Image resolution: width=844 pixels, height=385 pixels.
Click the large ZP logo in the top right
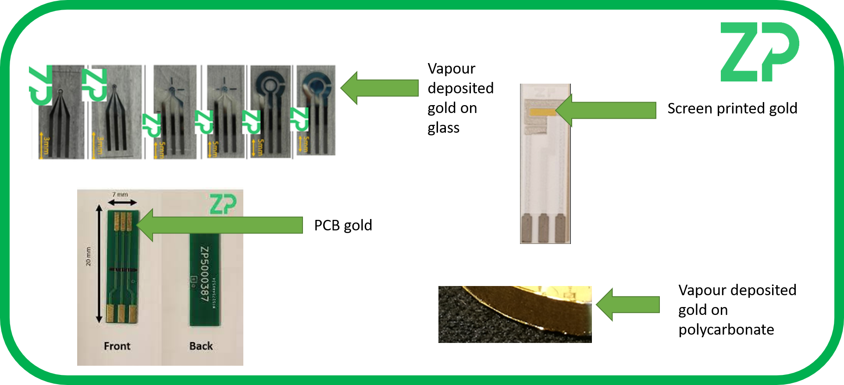click(759, 52)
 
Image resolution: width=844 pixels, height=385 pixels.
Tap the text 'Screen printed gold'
click(732, 109)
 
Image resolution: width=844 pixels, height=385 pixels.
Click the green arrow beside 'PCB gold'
click(219, 225)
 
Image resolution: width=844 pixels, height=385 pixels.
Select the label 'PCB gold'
click(343, 226)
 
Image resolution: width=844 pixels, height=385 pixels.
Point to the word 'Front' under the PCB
click(117, 346)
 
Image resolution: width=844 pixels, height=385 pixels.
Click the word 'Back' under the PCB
click(201, 346)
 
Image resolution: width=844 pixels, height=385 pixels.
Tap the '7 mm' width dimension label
click(120, 194)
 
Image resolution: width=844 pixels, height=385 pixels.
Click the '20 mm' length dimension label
click(89, 256)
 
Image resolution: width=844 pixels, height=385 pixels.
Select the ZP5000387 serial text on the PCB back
click(204, 274)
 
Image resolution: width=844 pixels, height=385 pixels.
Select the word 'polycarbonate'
click(726, 330)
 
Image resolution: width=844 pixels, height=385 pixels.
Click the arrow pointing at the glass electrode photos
click(379, 88)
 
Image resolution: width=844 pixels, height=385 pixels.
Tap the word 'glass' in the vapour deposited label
click(443, 128)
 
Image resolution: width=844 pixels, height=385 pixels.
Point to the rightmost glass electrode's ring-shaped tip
click(316, 86)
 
